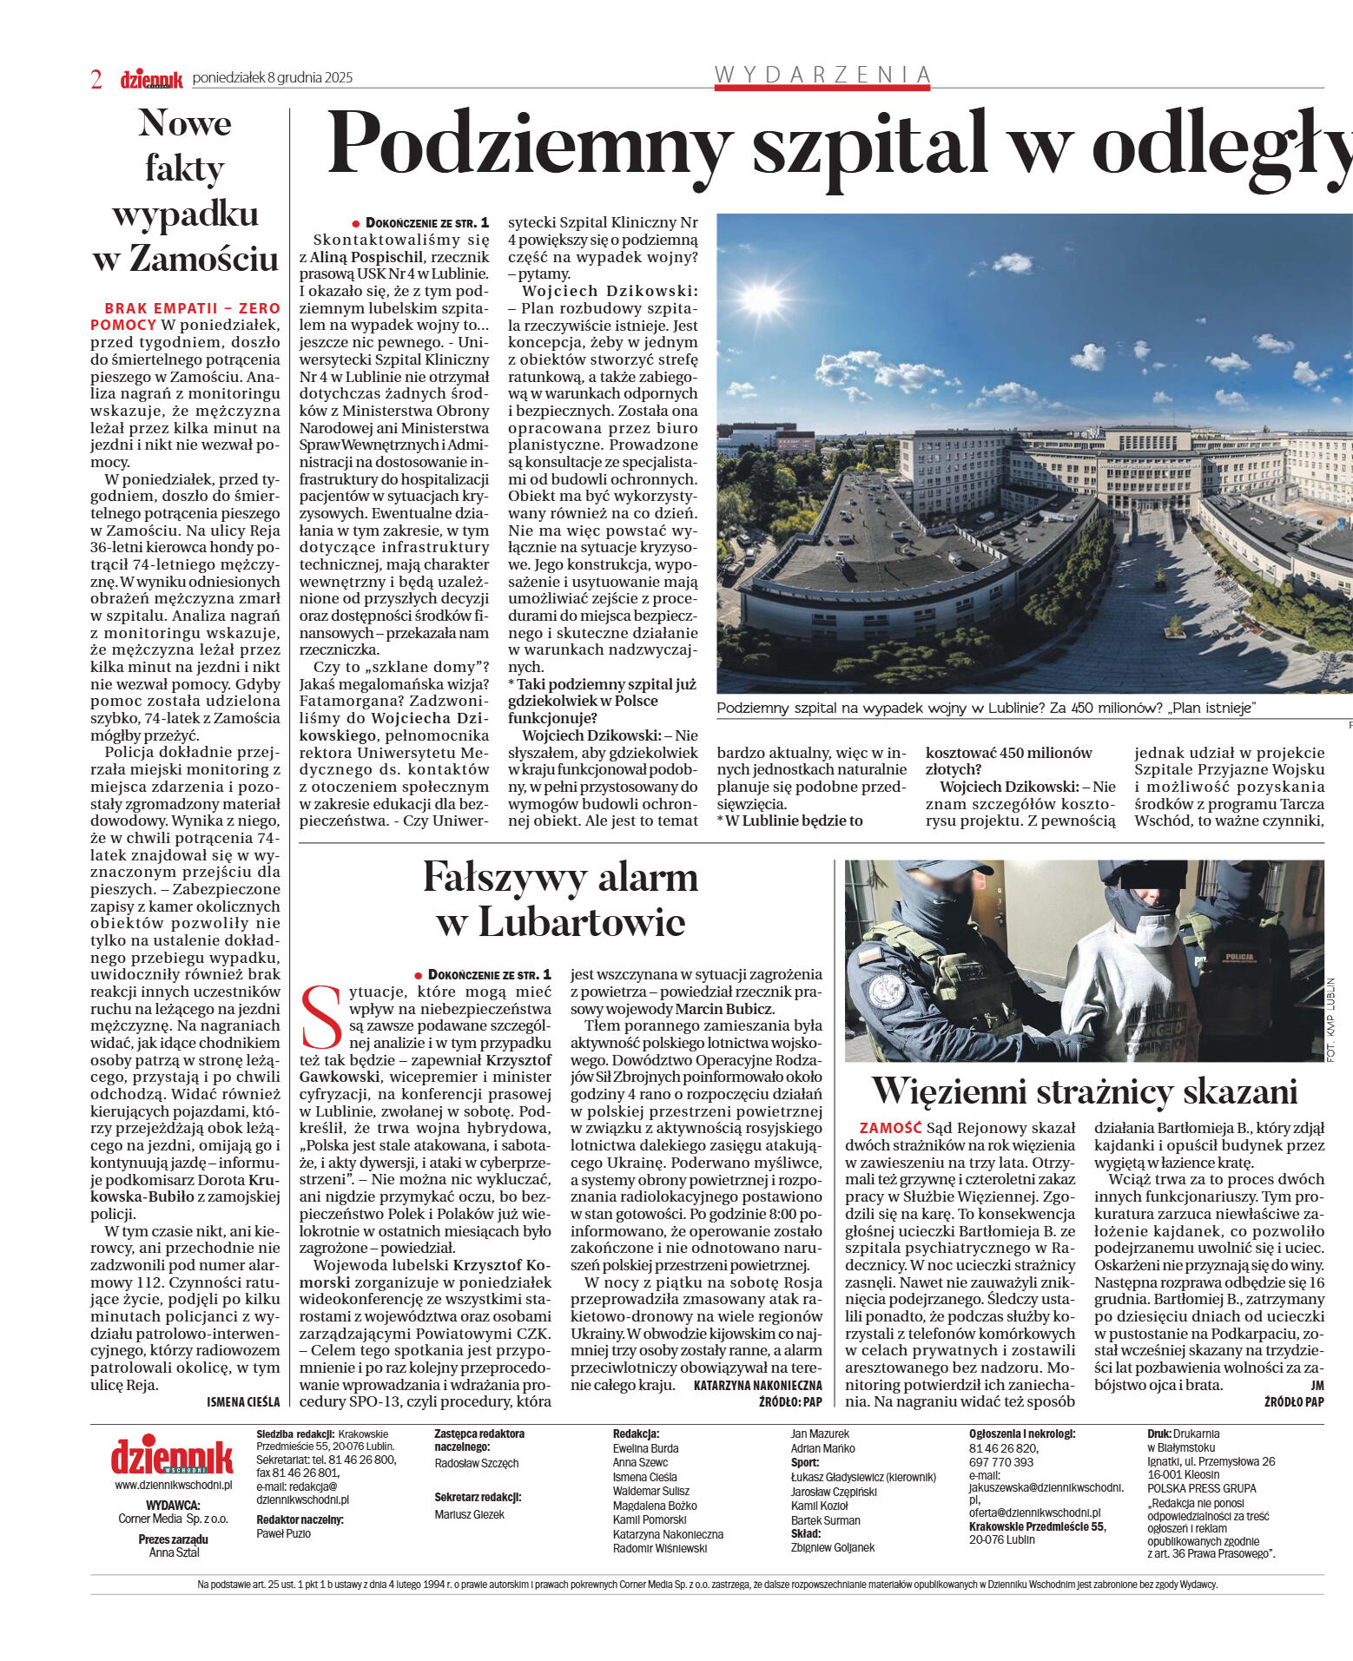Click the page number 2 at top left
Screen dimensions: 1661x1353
[96, 80]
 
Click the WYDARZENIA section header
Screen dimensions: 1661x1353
[822, 75]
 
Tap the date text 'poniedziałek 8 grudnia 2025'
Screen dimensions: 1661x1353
[272, 78]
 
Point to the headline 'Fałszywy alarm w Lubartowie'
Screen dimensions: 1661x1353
[560, 900]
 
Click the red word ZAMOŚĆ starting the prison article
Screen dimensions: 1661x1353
[890, 1128]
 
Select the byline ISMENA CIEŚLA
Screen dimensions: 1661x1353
[243, 1402]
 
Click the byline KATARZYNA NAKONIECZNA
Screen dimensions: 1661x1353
[757, 1386]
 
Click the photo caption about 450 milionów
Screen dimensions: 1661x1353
[987, 708]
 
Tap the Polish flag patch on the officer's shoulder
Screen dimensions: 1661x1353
[870, 954]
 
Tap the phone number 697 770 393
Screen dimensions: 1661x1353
[1001, 1462]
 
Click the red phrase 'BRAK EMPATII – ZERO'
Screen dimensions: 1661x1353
[192, 308]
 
